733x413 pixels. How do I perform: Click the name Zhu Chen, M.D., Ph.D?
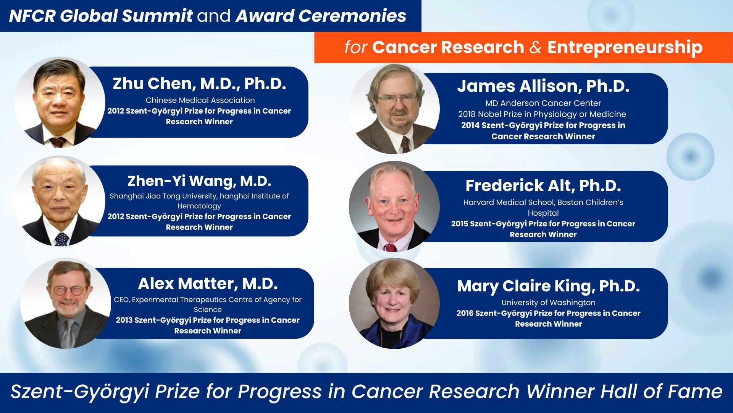coord(199,84)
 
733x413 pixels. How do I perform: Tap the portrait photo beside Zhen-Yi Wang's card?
coord(60,201)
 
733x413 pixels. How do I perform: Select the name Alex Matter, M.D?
coord(208,284)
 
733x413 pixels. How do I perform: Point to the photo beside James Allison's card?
coord(394,109)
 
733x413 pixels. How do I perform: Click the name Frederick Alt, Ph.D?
coord(543,186)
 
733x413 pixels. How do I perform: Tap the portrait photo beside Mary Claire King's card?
coord(394,303)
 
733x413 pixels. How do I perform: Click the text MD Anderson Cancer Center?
coord(543,103)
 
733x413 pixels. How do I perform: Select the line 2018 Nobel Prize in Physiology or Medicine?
coord(542,114)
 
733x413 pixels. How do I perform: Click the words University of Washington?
coord(549,302)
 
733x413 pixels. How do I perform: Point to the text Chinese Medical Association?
coord(200,100)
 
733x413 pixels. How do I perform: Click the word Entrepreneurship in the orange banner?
coord(625,47)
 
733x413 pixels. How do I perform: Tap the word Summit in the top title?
coord(157,16)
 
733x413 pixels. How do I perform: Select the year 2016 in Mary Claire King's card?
coord(465,313)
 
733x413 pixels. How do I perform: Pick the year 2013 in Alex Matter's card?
coord(124,320)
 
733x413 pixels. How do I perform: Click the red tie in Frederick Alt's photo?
coord(390,247)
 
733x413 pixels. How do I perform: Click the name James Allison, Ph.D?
coord(543,86)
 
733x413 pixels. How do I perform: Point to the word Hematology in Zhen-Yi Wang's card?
coord(199,206)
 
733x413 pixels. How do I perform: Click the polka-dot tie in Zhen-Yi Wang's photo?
coord(61,239)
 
